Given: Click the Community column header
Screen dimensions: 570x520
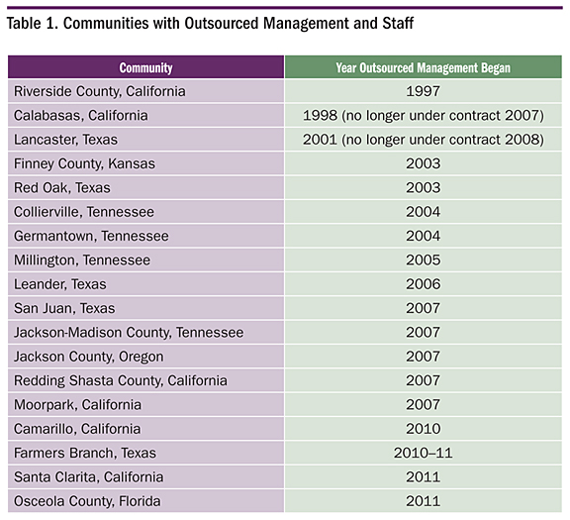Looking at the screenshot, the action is pos(145,68).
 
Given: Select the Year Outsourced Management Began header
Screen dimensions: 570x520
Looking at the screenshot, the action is pos(424,68).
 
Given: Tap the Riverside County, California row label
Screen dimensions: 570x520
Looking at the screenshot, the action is pos(100,91).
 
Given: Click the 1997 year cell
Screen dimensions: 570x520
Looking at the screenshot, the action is pos(424,91).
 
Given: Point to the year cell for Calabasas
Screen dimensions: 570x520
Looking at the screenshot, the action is pos(424,116).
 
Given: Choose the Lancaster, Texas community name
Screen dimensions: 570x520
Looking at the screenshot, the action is pos(65,140).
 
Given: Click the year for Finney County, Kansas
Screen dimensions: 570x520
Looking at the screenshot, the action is pos(424,163).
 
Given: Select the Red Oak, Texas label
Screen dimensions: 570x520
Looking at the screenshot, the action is pos(62,188).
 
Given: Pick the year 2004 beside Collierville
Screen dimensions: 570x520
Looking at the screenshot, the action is pos(424,212).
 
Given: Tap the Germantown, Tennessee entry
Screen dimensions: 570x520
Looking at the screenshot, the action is pos(91,236).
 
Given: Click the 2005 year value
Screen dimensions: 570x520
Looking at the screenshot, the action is pos(424,260).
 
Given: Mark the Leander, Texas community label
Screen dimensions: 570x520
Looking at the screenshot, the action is pos(60,284).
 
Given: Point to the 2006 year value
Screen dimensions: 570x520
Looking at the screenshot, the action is pos(424,284).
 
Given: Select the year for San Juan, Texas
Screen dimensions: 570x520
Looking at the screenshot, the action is pos(424,308).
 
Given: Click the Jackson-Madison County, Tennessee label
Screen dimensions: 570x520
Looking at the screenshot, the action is pos(129,333).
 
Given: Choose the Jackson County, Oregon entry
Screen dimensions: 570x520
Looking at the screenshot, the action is pos(89,357).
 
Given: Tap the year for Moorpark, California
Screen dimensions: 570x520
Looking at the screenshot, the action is pos(424,405).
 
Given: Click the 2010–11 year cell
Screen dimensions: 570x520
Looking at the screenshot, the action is pos(424,453).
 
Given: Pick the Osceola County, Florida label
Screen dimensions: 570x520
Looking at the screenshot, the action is pos(87,501).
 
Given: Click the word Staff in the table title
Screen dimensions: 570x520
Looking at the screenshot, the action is pos(398,24).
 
